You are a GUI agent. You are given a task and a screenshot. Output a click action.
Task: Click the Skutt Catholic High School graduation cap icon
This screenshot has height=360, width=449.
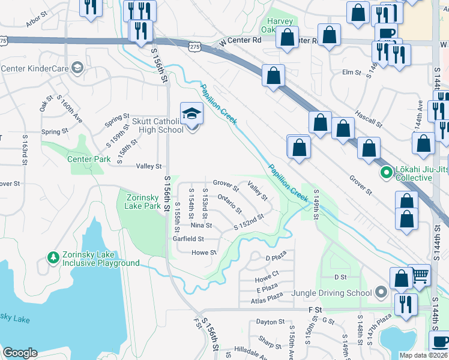pos(191,112)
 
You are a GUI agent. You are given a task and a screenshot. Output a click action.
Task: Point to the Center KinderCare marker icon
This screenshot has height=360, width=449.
pos(76,68)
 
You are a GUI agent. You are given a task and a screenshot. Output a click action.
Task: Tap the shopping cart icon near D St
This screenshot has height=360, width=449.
pos(420,275)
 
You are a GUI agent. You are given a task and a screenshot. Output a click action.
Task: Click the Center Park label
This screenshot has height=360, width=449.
pos(88,159)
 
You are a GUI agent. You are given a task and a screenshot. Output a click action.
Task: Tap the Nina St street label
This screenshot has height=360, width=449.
pos(201,226)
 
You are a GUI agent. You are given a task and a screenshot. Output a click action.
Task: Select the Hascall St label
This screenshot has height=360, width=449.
pos(369,119)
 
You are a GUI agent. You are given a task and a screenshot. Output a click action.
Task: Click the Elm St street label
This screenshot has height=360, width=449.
pos(351,73)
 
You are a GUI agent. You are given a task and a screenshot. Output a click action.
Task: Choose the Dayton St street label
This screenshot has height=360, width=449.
pos(270,322)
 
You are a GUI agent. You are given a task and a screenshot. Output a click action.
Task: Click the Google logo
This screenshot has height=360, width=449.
pos(20,353)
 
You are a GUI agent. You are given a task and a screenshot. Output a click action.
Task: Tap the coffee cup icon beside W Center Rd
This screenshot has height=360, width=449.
pos(387,34)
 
